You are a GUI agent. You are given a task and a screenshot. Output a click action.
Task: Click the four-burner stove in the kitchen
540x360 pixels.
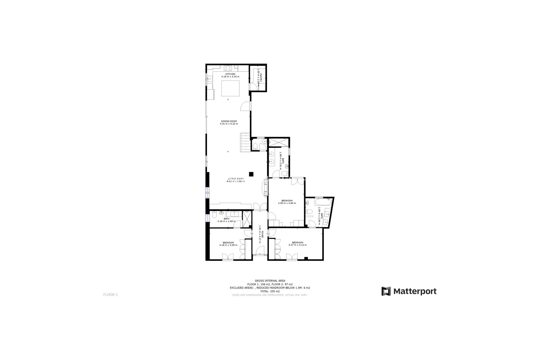coord(228,68)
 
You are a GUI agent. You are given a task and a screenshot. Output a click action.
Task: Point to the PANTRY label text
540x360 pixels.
coord(261,78)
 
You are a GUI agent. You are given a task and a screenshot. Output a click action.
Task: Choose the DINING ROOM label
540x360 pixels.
coord(229,121)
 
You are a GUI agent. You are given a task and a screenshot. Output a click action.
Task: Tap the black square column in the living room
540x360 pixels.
coord(251,174)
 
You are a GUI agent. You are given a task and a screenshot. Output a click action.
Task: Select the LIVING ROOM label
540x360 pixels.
coord(235,179)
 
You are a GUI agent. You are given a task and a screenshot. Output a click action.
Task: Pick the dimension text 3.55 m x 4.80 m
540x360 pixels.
coord(287,203)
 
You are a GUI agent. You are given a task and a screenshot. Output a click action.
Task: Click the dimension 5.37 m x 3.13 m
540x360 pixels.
coord(298,245)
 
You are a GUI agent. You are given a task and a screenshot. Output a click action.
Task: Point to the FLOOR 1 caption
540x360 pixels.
coord(111,295)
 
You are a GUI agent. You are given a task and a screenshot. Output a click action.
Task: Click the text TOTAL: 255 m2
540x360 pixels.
coord(270,291)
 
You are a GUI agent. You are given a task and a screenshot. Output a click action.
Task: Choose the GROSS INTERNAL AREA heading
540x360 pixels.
coord(270,281)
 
